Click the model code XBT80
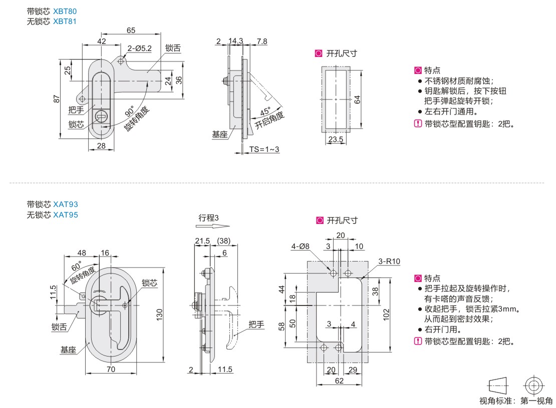(x=65, y=11)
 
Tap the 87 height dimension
(x=56, y=99)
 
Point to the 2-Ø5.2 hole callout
(x=139, y=48)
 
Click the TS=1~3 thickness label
(x=264, y=149)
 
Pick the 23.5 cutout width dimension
(x=335, y=140)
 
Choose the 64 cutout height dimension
(x=357, y=99)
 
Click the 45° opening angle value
(x=265, y=111)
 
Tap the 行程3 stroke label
(x=209, y=217)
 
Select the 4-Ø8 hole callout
(x=301, y=246)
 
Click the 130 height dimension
(x=159, y=315)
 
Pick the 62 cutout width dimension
(x=340, y=381)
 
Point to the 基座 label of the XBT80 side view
(x=219, y=134)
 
